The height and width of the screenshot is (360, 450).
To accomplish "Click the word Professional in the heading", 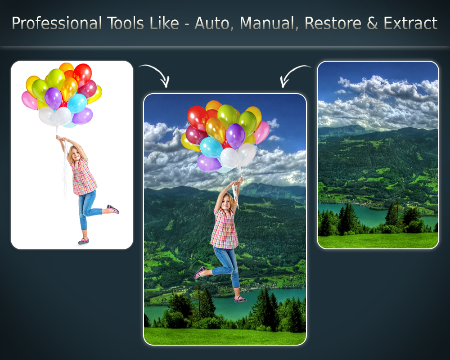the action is [x=57, y=23].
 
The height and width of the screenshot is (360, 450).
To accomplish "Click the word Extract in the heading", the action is [x=410, y=23].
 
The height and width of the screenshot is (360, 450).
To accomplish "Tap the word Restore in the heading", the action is [x=333, y=23].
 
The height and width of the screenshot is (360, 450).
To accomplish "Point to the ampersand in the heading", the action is [x=372, y=23].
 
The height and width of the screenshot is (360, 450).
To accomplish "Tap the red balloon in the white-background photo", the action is [x=82, y=74].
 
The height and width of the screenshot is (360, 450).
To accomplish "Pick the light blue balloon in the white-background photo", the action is [x=76, y=103].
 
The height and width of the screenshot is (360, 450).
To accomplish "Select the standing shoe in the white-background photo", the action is [x=83, y=241].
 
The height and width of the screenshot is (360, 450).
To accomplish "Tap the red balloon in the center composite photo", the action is [x=198, y=118].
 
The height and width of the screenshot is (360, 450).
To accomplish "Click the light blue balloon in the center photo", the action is [x=211, y=147].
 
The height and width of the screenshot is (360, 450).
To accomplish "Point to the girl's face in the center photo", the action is [x=226, y=202].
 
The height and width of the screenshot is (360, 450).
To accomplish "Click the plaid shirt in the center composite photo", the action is [x=225, y=228].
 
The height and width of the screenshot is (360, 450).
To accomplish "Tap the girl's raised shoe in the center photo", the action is [x=200, y=272].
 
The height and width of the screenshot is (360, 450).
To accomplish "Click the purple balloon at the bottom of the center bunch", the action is [x=209, y=163].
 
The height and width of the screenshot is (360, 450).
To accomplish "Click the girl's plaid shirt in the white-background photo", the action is [x=83, y=177].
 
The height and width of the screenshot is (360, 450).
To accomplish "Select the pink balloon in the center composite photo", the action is [x=262, y=132].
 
